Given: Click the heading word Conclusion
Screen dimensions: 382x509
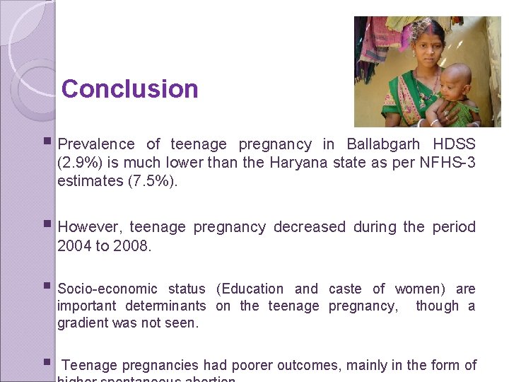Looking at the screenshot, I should click(129, 89).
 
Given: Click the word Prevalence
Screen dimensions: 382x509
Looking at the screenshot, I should click(96, 144).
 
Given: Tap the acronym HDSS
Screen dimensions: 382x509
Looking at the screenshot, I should click(455, 144).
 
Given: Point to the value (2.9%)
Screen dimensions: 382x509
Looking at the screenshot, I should click(80, 163).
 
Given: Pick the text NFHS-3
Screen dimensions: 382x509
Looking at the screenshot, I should click(447, 163).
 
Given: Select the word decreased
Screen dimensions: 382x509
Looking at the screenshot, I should click(310, 227).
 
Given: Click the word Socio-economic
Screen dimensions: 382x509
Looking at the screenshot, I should click(107, 289).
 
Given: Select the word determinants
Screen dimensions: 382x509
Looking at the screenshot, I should click(165, 306).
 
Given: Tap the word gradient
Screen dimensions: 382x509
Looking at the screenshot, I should click(81, 323).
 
